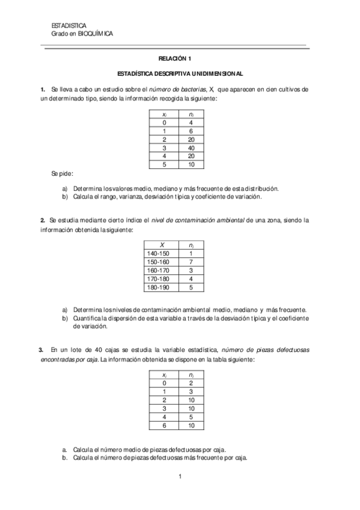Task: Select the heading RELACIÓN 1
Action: tap(174, 59)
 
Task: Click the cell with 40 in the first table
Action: tap(191, 147)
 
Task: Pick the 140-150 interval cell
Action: tap(157, 254)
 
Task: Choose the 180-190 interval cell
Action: tap(157, 287)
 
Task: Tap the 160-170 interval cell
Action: tap(157, 271)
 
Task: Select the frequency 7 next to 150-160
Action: tap(191, 262)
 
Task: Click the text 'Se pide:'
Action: tap(62, 174)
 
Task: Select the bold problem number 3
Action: tap(41, 349)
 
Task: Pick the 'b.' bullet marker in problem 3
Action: tap(65, 458)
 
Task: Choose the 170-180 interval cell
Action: tap(157, 279)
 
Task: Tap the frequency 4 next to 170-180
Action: tap(191, 279)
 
